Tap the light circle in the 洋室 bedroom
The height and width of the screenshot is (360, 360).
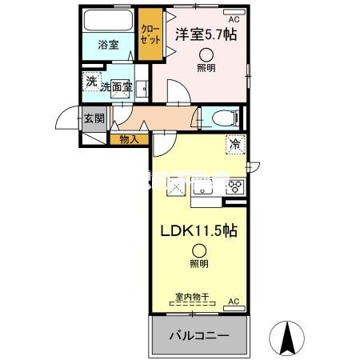[207, 55]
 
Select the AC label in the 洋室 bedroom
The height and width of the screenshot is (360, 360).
[234, 18]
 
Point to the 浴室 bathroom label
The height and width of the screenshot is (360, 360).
[108, 46]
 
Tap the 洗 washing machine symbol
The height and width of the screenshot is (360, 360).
[91, 81]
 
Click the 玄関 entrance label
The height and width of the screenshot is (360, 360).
[94, 119]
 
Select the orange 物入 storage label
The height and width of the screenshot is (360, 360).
[129, 140]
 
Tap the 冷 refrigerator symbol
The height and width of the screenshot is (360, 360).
[235, 145]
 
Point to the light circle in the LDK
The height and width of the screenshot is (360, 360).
[198, 250]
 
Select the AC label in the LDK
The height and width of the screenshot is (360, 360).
[234, 301]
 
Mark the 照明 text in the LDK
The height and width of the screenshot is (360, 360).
[198, 264]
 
